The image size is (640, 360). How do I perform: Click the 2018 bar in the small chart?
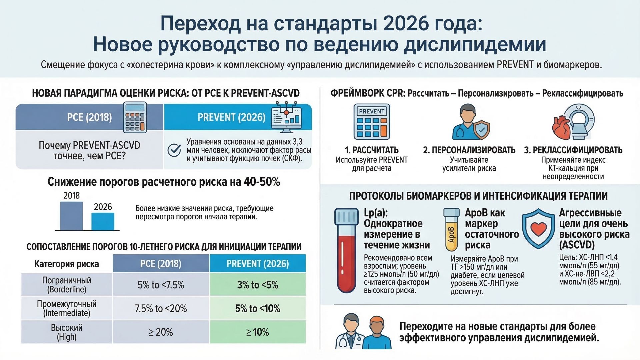coord(71,216)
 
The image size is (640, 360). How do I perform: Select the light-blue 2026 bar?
coord(103,221)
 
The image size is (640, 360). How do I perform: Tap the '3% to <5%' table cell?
coord(257,285)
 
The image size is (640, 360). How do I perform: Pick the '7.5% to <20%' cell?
coord(161,309)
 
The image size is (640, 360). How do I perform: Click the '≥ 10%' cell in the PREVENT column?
coord(257,332)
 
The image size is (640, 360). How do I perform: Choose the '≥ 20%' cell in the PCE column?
coord(161,332)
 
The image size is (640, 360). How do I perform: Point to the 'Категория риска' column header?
coord(67,264)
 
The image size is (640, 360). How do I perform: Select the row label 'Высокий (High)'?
coord(67,332)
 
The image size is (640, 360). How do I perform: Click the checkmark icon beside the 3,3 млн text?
coord(174,150)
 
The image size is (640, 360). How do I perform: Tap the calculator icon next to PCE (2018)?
coord(135,117)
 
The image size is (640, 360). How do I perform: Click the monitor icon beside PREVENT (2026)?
coord(286,118)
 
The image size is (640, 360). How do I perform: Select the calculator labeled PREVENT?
coord(372,121)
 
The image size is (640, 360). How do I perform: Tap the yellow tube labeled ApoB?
coord(451,230)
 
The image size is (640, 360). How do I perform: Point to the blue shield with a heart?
coord(538,229)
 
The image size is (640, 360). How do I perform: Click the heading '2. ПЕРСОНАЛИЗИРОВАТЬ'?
coord(469,150)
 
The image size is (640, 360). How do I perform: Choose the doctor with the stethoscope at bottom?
coord(350,332)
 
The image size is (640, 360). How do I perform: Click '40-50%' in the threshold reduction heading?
coord(262,182)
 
